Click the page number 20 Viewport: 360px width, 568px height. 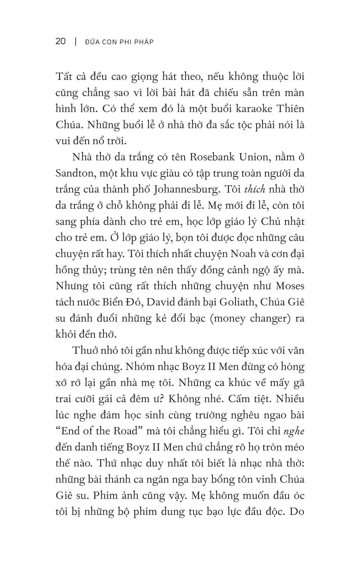click(x=60, y=42)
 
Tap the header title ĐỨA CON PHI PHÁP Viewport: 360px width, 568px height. click(x=120, y=42)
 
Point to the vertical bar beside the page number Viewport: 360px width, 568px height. click(x=75, y=42)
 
